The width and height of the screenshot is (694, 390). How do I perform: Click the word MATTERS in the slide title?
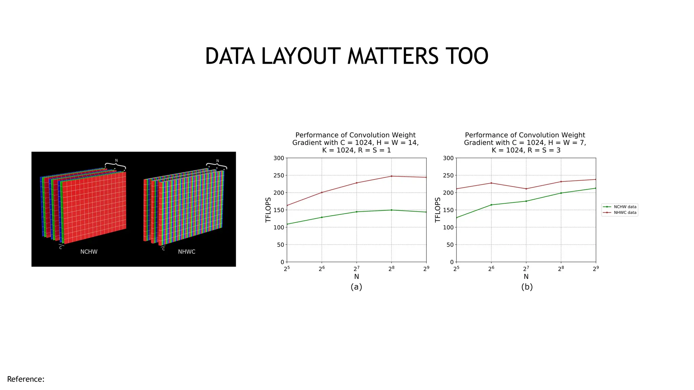pos(393,56)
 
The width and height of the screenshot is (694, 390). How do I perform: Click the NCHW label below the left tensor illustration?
pos(89,252)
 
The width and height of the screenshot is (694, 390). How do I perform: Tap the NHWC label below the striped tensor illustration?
pos(186,252)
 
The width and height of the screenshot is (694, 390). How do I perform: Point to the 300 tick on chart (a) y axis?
pos(279,158)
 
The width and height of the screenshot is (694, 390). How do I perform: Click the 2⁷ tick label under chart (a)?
pos(356,269)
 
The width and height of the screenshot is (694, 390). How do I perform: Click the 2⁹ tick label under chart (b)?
pos(595,269)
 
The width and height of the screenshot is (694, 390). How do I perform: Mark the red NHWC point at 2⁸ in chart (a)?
pos(391,176)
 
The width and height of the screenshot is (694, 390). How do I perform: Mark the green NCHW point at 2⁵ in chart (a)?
pos(287,224)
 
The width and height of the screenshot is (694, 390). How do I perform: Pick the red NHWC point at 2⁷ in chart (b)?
pos(526,189)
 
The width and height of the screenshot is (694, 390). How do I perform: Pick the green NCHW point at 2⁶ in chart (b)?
pos(491,205)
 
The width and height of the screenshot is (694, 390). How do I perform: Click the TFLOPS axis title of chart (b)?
pos(437,210)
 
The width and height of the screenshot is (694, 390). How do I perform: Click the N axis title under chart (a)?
pos(356,277)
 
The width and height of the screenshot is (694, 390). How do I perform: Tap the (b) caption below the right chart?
pos(527,287)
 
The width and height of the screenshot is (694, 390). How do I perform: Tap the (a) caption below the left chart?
pos(356,287)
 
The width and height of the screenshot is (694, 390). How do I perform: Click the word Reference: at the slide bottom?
pos(26,379)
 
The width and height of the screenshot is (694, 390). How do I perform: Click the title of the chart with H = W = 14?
pos(355,143)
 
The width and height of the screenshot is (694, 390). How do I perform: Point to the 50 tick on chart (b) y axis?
pos(450,245)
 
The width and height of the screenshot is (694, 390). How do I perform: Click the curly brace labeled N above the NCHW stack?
pos(116,166)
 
